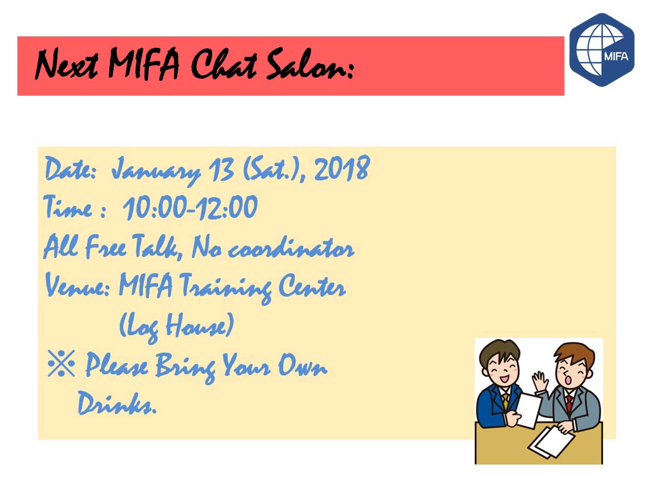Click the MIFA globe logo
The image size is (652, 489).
tap(601, 50)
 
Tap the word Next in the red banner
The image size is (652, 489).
tap(66, 64)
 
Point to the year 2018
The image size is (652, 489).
tap(342, 168)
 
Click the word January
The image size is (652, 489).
tap(157, 171)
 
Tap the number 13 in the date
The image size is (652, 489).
tap(222, 170)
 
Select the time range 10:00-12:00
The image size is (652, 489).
tap(190, 208)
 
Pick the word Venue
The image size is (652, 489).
tap(77, 285)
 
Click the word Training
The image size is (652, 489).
tap(225, 287)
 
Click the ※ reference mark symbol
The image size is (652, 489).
tap(61, 363)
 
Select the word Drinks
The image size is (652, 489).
tap(117, 403)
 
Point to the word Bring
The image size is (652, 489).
tap(185, 366)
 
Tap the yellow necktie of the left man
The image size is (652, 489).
tap(505, 400)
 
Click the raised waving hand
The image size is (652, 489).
tap(540, 381)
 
